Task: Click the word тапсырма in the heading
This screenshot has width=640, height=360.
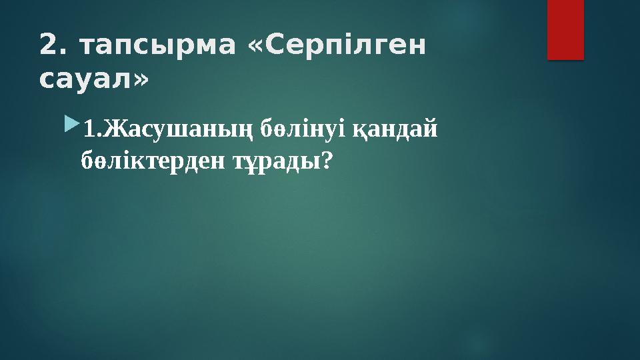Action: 157,45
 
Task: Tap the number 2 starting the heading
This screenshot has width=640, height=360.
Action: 47,45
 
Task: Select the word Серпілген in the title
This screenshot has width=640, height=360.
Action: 347,45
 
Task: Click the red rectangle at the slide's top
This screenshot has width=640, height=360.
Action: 565,29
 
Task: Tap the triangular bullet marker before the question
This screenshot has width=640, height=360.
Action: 72,125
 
